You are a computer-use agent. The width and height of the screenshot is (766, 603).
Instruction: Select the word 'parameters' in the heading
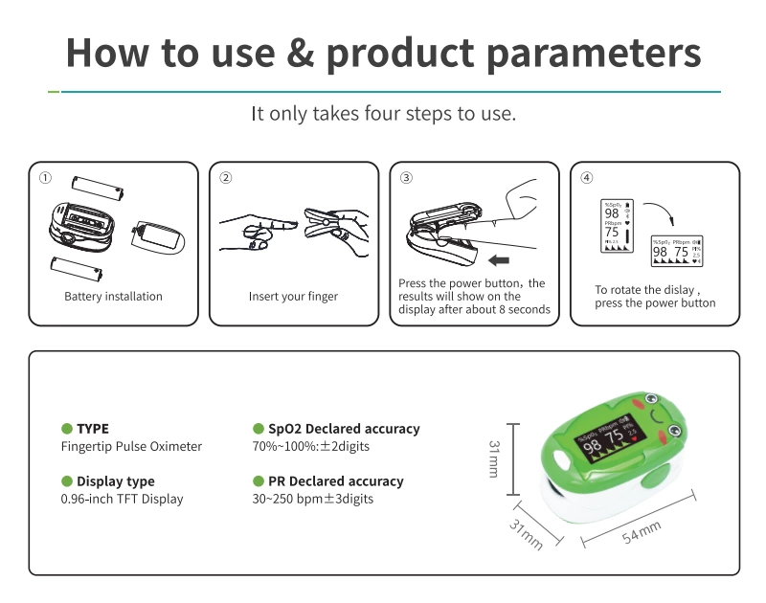click(594, 54)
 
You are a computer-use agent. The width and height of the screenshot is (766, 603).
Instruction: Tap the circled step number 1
click(45, 178)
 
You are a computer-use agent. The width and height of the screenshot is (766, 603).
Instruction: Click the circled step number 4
click(587, 178)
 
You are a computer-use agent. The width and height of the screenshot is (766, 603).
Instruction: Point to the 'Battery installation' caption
click(113, 297)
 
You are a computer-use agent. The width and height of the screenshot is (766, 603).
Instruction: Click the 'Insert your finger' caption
click(293, 297)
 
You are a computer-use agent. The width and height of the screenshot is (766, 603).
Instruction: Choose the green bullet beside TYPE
click(67, 429)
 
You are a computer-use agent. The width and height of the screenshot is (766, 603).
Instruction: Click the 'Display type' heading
click(115, 481)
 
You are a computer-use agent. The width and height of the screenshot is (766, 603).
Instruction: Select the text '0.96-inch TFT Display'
click(122, 499)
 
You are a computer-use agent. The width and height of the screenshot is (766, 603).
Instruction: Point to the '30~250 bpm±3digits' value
click(313, 499)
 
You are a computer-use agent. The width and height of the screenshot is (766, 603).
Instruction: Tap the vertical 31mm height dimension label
click(494, 458)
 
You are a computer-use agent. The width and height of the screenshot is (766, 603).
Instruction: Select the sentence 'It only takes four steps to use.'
click(383, 114)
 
